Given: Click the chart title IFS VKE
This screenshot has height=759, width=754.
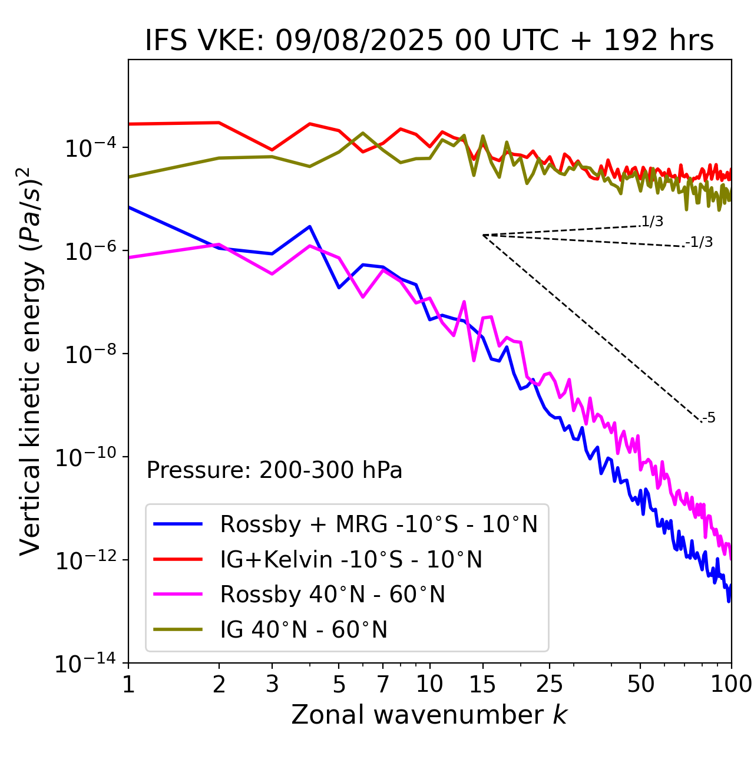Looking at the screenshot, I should click(x=429, y=41).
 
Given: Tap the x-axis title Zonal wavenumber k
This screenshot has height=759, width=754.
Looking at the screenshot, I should click(x=429, y=714).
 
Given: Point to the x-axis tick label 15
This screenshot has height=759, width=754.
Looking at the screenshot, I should click(x=482, y=684).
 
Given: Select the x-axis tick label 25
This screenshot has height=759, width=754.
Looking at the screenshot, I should click(x=549, y=684).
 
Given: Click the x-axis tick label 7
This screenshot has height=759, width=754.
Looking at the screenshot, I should click(x=383, y=684).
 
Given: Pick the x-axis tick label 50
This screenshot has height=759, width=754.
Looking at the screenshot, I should click(x=640, y=684).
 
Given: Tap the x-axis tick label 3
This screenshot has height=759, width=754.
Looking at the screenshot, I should click(x=272, y=684).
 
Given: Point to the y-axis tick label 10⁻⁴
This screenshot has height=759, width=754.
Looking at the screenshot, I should click(x=88, y=148).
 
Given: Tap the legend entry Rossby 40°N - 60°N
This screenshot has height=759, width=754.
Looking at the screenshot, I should click(x=332, y=595).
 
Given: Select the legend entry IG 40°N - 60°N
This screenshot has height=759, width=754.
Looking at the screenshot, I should click(x=303, y=630).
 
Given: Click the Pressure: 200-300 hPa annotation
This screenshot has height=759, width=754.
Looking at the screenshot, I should click(x=275, y=470).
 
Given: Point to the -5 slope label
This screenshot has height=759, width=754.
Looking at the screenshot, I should click(x=709, y=418).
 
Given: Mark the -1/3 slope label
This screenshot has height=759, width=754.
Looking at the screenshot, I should click(x=700, y=242).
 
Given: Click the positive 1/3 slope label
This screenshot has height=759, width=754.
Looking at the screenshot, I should click(x=652, y=222).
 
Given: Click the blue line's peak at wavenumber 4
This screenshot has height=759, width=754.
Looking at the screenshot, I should click(x=310, y=226).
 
